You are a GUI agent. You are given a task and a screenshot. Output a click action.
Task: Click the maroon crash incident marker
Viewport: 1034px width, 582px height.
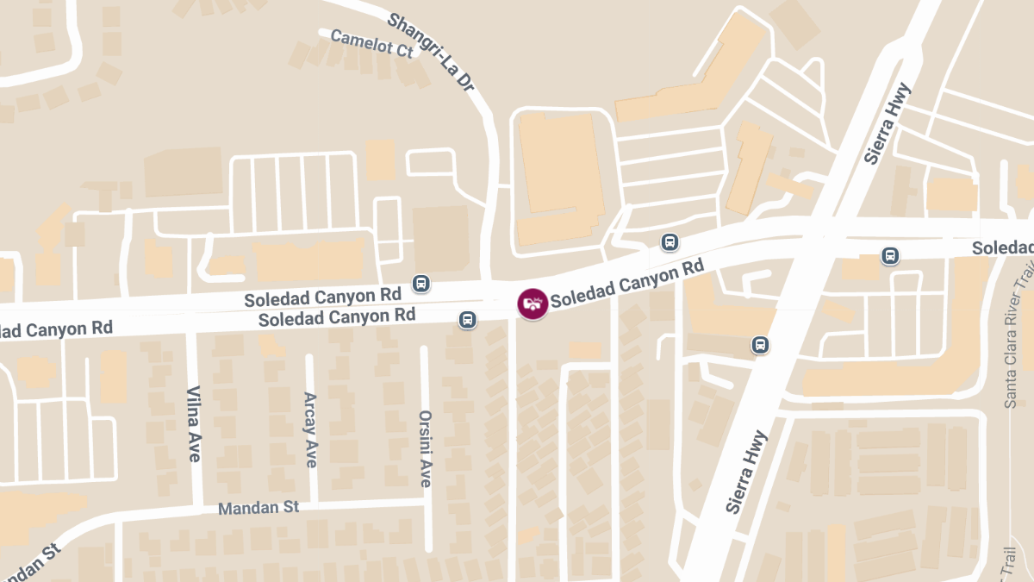tap(532, 304)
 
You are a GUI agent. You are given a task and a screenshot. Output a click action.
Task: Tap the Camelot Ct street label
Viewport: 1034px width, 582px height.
tap(371, 42)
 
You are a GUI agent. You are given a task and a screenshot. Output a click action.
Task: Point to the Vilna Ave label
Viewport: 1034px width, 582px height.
tap(194, 422)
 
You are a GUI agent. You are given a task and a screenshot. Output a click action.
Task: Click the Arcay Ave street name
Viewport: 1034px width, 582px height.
tap(310, 429)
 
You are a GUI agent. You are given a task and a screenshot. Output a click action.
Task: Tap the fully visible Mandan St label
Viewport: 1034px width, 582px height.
tap(258, 507)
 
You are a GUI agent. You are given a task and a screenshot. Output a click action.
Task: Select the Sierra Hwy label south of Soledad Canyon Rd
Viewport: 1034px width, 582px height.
tap(746, 472)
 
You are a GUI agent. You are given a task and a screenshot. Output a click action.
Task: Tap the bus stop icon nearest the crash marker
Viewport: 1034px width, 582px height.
tap(467, 320)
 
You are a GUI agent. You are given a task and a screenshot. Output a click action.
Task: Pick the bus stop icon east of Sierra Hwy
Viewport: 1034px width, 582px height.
tap(890, 255)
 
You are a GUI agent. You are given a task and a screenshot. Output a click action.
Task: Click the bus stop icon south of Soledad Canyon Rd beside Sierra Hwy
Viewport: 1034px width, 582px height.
tap(760, 345)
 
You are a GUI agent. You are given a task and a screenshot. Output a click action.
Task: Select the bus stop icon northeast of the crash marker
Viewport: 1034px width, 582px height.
tap(670, 242)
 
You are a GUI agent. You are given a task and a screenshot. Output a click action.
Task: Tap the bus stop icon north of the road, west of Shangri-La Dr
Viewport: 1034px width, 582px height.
tap(421, 283)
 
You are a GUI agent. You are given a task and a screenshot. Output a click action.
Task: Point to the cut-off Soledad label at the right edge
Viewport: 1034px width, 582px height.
tap(1003, 248)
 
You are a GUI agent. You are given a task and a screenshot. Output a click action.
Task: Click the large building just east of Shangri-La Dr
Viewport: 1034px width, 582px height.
tap(557, 172)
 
